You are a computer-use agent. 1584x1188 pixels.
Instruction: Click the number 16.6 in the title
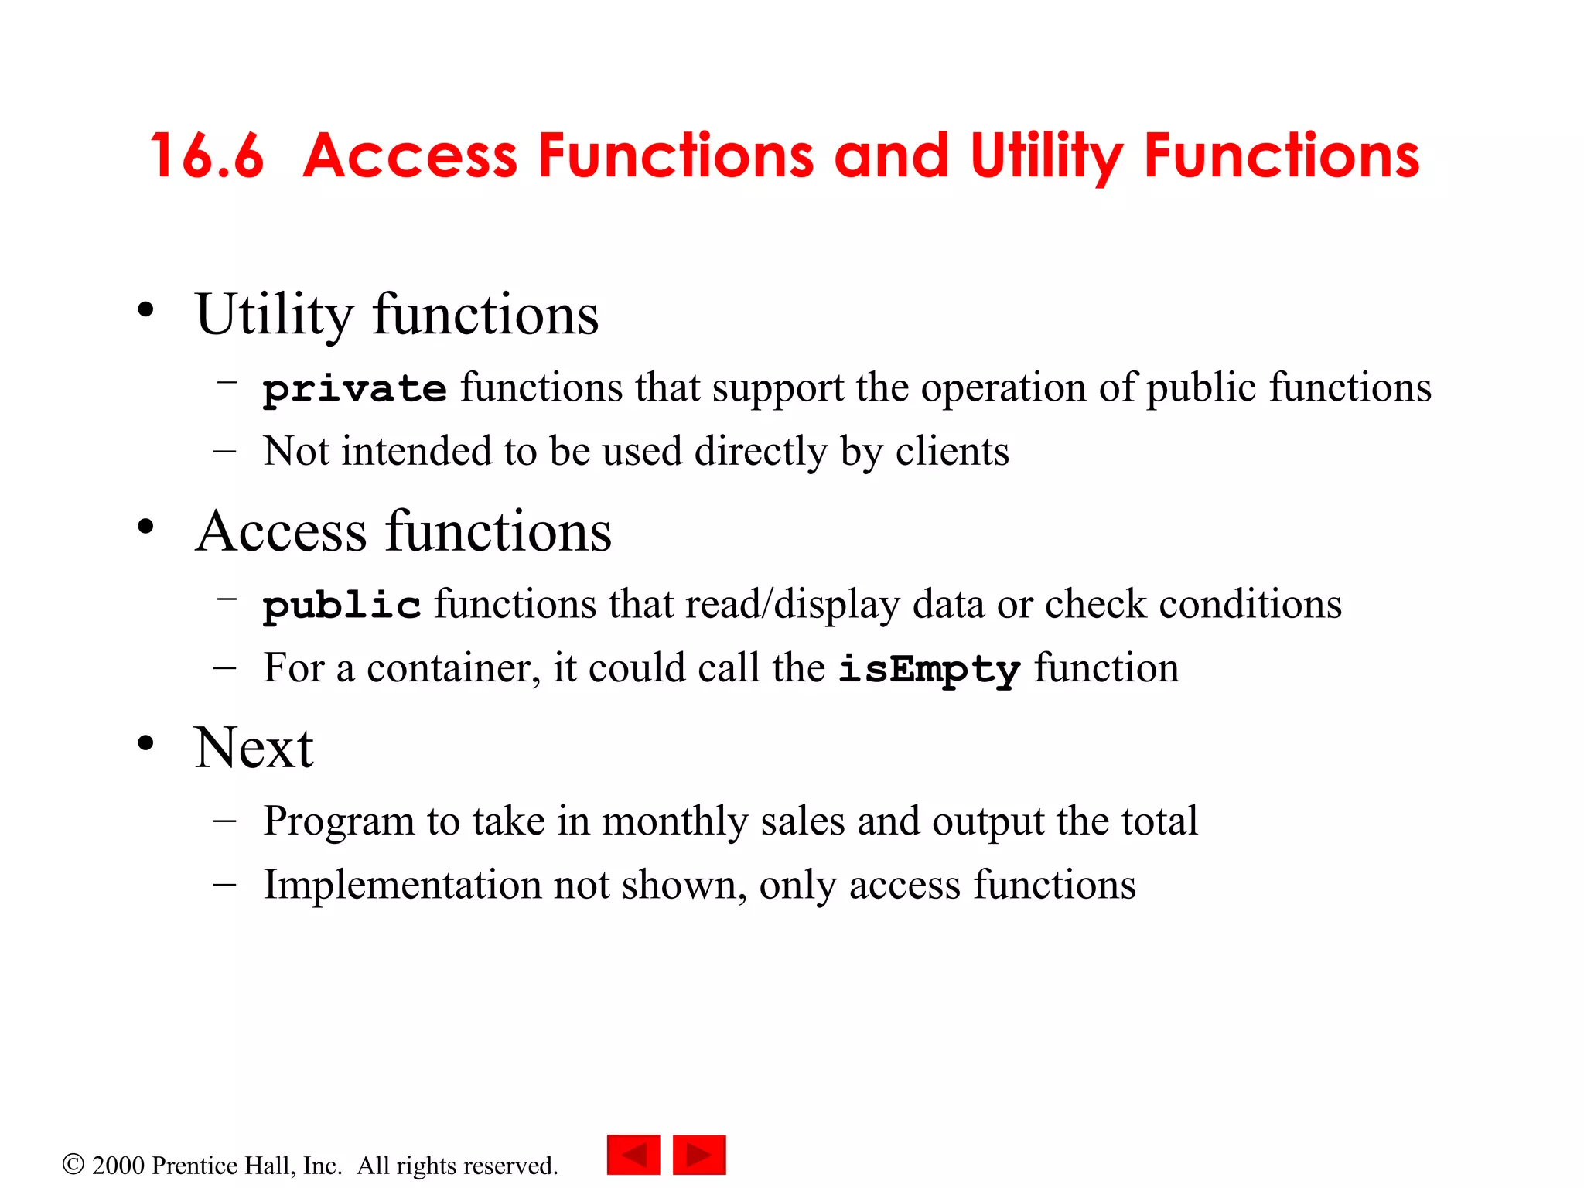tap(207, 157)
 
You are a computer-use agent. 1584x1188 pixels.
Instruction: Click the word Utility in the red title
tap(1046, 157)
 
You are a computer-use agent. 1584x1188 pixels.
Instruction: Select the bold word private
tap(354, 388)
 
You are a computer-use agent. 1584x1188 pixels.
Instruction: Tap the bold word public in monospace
tap(341, 605)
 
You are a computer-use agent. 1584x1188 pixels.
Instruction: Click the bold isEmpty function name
tap(929, 669)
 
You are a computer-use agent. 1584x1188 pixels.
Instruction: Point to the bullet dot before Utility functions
tap(145, 311)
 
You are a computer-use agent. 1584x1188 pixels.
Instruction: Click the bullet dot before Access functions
tap(145, 527)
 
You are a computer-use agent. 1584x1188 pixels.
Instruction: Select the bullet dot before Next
tap(145, 744)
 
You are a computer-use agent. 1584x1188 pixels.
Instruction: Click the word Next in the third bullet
tap(254, 749)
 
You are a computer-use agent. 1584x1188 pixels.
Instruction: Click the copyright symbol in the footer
tap(73, 1164)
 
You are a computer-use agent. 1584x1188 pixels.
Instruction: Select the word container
tap(449, 668)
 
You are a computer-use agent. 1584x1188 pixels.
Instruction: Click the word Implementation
tap(402, 885)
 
